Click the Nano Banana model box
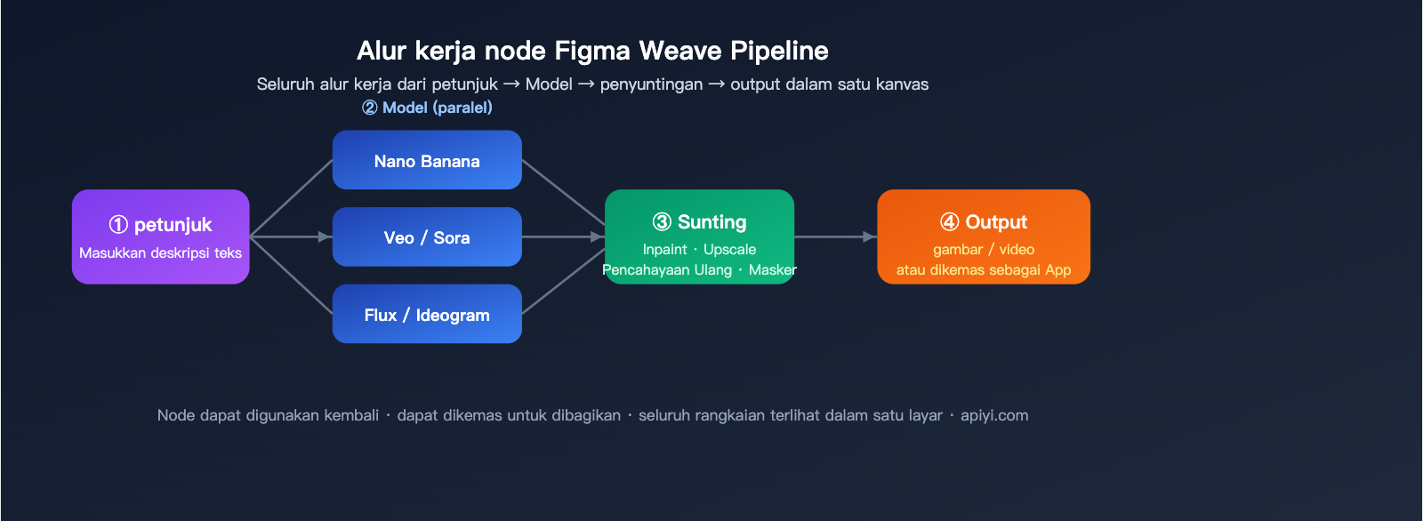pyautogui.click(x=427, y=160)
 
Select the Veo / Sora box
pyautogui.click(x=427, y=237)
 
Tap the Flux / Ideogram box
pyautogui.click(x=427, y=314)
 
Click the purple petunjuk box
pyautogui.click(x=160, y=236)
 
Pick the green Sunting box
pyautogui.click(x=699, y=236)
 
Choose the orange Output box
pyautogui.click(x=984, y=236)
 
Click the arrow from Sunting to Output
pyautogui.click(x=835, y=236)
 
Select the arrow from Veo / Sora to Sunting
pyautogui.click(x=563, y=236)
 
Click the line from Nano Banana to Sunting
pyautogui.click(x=563, y=191)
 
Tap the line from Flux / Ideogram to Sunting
pyautogui.click(x=563, y=283)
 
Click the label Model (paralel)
pyautogui.click(x=427, y=108)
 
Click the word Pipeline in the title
pyautogui.click(x=779, y=51)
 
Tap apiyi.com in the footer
pyautogui.click(x=994, y=415)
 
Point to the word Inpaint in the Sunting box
pyautogui.click(x=664, y=250)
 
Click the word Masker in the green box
pyautogui.click(x=772, y=270)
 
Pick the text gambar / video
pyautogui.click(x=984, y=250)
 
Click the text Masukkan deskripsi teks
pyautogui.click(x=160, y=253)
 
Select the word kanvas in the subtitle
pyautogui.click(x=902, y=84)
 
